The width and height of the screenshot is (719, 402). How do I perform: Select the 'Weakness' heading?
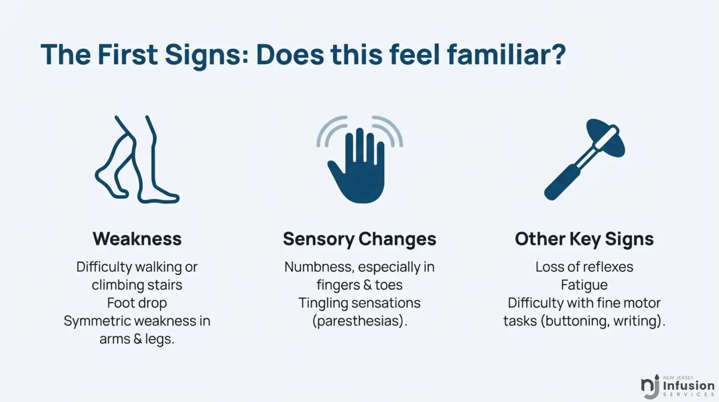[137, 239]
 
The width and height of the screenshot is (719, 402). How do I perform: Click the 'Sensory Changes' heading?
[359, 239]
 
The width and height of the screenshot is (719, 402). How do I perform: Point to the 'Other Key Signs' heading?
[584, 239]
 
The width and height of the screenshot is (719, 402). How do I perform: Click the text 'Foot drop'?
[137, 303]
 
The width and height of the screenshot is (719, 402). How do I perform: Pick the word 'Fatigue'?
[584, 285]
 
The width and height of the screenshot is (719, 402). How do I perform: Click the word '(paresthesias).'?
[360, 321]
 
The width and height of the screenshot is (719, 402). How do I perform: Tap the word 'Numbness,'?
[319, 267]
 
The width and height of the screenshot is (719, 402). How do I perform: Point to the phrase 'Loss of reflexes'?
[584, 267]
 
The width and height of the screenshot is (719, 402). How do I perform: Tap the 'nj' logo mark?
[650, 387]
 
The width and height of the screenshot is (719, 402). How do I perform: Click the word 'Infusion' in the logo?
[689, 386]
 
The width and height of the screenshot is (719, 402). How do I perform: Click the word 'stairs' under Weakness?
[165, 285]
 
